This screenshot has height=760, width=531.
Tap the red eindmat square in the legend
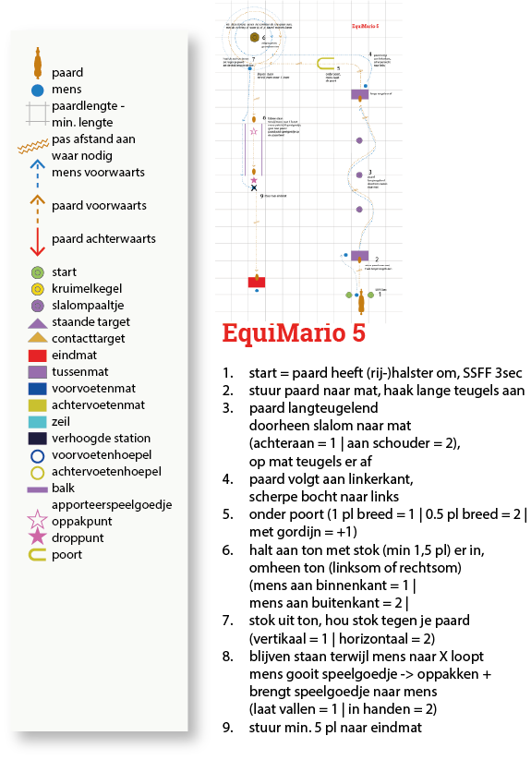click(x=37, y=356)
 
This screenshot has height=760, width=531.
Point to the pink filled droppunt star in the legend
click(x=37, y=537)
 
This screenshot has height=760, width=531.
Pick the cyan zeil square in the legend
click(x=37, y=422)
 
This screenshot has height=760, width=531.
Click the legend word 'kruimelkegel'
click(x=89, y=289)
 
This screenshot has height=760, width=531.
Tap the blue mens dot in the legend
click(x=37, y=90)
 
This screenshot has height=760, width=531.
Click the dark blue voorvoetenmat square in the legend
click(x=37, y=389)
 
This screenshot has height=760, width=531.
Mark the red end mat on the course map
click(x=256, y=281)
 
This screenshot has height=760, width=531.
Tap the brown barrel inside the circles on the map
click(x=252, y=39)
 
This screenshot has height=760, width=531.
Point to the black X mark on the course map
click(x=254, y=187)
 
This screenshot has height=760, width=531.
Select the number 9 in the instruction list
click(x=227, y=728)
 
